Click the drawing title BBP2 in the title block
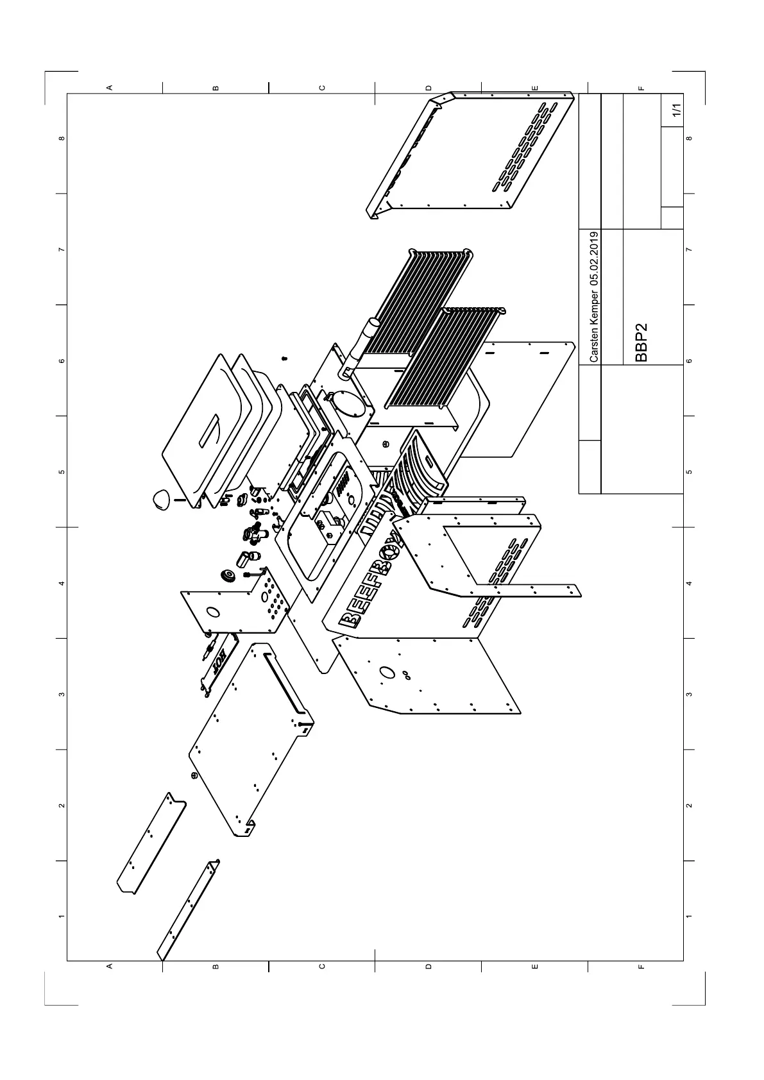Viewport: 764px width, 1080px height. coord(642,343)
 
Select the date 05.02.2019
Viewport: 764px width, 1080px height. coord(595,258)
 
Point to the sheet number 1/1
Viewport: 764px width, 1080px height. coord(675,110)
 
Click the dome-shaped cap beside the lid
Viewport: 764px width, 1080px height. coord(161,498)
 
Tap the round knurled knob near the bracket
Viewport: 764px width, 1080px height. coord(226,575)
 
